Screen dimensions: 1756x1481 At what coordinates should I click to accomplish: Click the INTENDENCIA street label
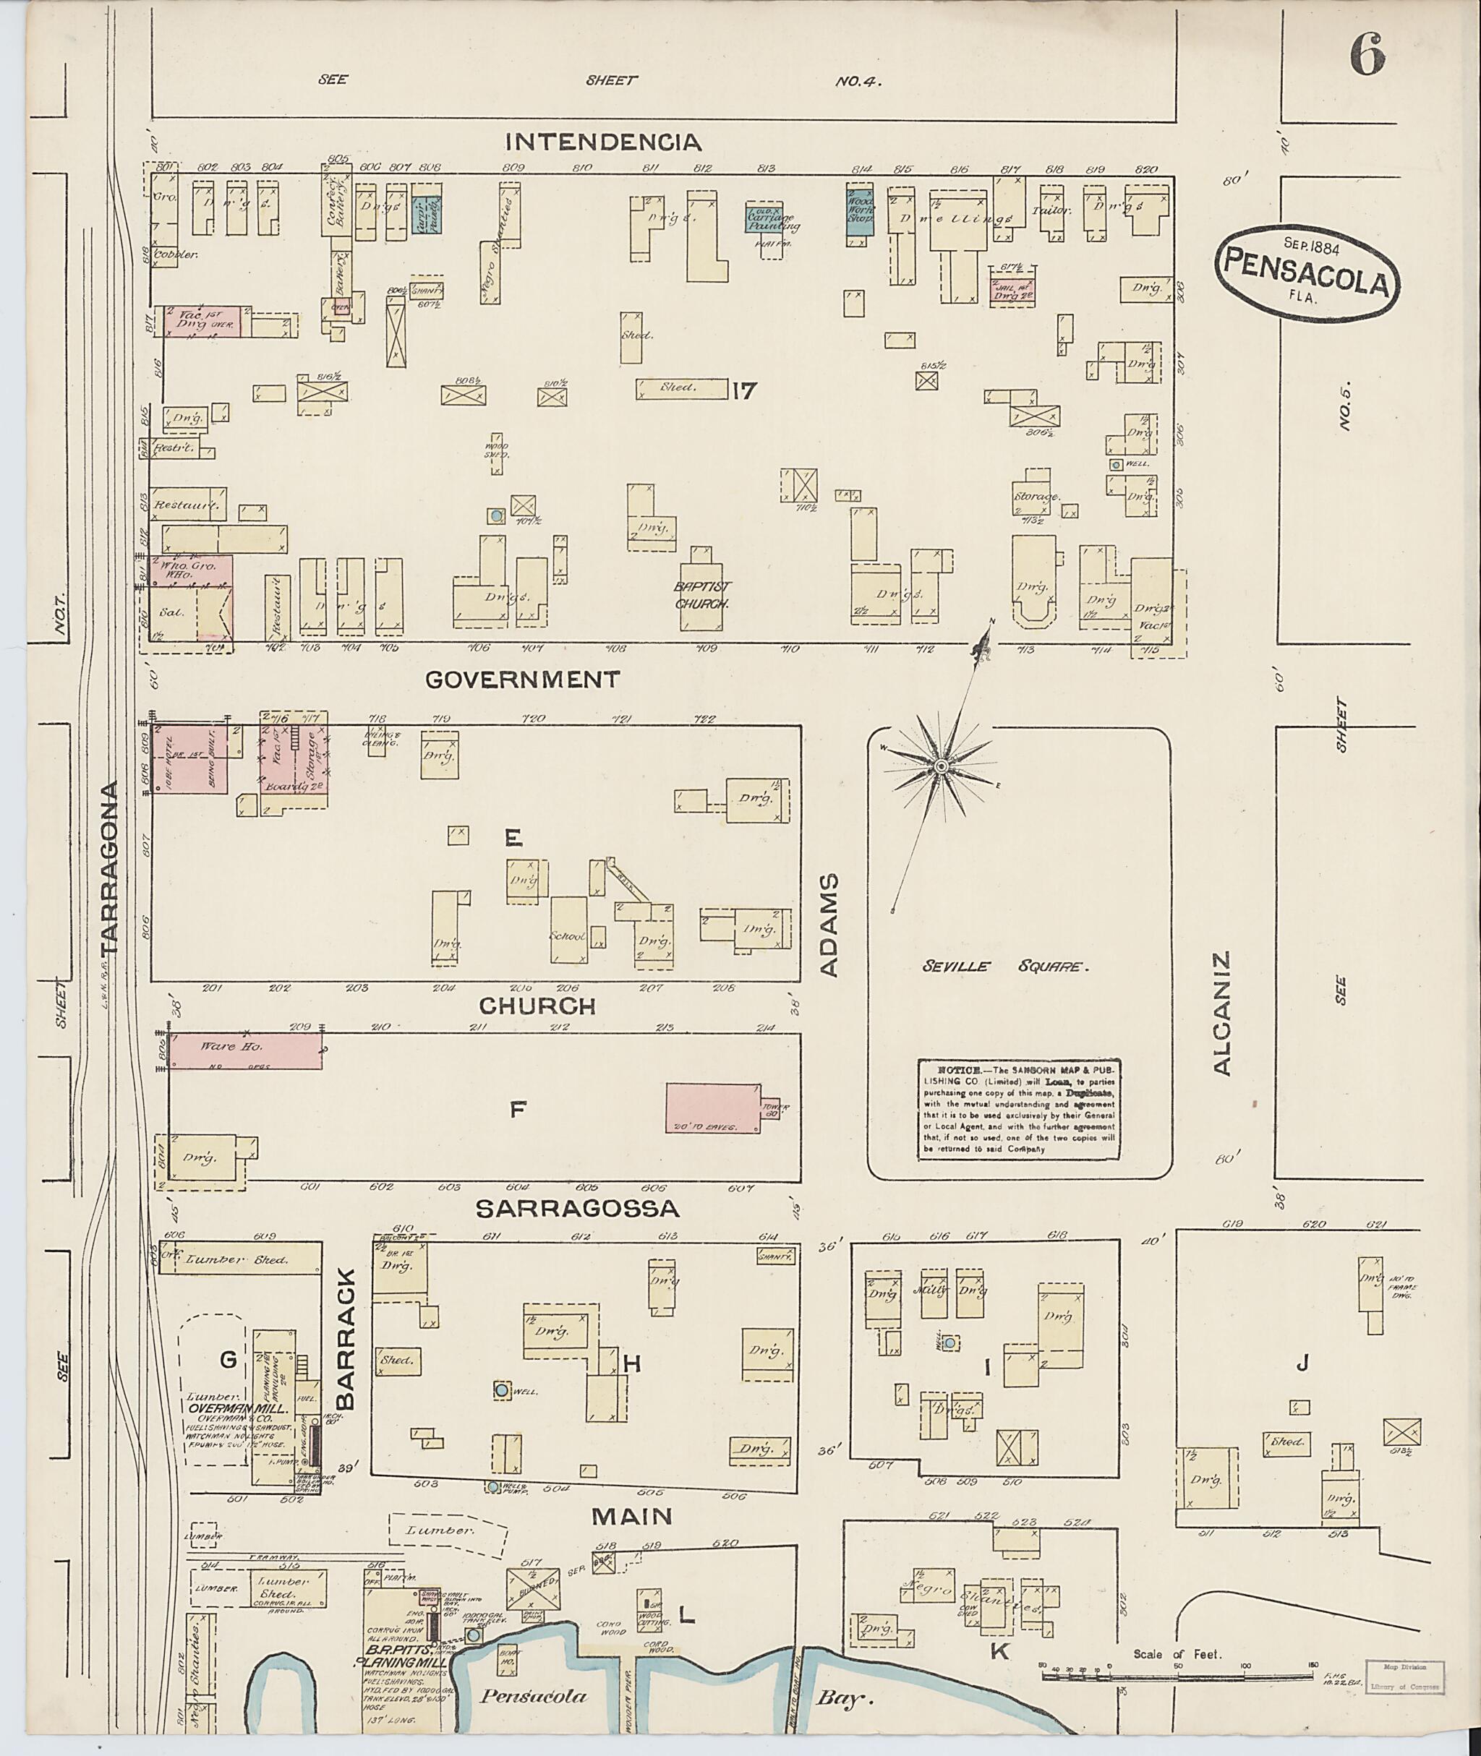603,142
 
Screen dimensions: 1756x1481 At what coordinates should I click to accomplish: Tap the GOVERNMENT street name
522,679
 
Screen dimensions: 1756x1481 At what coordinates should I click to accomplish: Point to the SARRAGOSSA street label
577,1208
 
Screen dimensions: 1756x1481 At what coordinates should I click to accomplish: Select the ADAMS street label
829,925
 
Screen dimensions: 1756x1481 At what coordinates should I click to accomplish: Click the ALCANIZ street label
1221,1012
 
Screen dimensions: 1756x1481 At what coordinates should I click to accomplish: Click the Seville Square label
1005,966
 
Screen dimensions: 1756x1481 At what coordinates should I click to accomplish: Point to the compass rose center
941,766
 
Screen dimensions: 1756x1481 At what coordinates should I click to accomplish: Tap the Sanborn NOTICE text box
1018,1109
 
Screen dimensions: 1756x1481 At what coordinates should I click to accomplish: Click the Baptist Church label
703,594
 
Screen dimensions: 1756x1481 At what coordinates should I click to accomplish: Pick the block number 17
744,390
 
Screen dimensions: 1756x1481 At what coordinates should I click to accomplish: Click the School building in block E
568,929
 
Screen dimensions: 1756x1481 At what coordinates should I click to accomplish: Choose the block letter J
1302,1363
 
